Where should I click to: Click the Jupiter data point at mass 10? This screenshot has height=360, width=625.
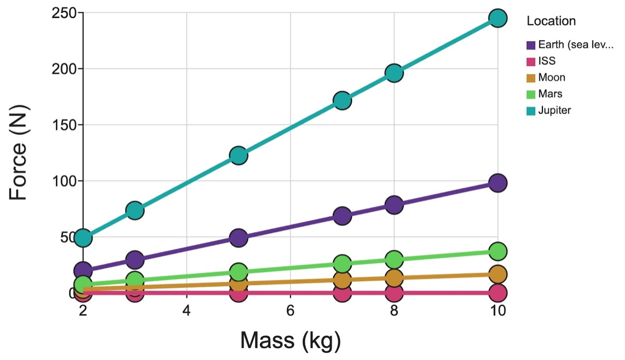[498, 18]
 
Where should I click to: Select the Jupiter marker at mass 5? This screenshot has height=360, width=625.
[238, 155]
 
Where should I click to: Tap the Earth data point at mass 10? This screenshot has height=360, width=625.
[498, 183]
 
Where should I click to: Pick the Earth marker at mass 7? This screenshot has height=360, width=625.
[342, 216]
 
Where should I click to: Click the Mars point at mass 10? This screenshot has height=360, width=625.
[498, 251]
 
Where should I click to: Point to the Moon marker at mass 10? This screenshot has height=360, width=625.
[498, 274]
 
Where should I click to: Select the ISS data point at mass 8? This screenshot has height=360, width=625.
[394, 293]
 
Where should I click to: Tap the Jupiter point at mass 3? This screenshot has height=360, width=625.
[135, 210]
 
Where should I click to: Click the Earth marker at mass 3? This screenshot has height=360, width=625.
[135, 259]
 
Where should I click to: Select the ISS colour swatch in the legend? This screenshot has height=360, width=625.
[531, 61]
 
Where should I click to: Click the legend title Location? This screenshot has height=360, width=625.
[551, 22]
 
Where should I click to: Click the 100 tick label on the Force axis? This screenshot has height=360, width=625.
[64, 181]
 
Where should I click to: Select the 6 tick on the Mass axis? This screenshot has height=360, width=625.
[290, 312]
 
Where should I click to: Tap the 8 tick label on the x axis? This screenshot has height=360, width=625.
[394, 312]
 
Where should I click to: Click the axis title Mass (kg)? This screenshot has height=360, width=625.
[290, 340]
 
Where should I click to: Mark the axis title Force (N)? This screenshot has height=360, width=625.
[20, 153]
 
